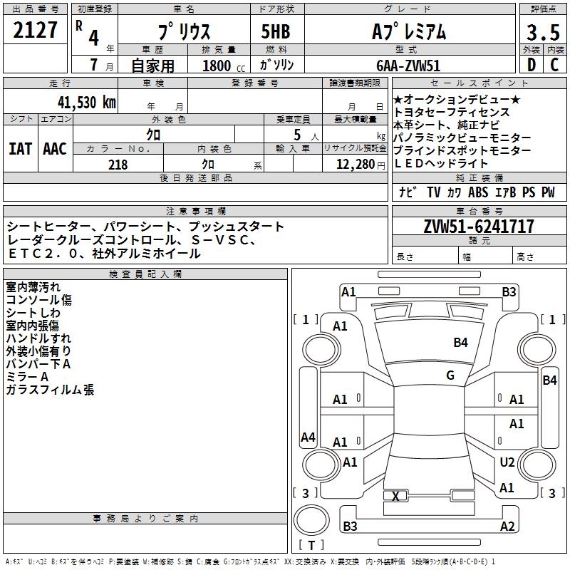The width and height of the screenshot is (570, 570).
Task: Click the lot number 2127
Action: (36, 31)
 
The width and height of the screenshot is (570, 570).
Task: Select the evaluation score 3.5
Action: (542, 32)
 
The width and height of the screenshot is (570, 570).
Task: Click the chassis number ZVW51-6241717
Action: (479, 227)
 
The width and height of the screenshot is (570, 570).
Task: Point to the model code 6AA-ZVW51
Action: (408, 65)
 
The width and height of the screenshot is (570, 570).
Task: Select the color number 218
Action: (118, 165)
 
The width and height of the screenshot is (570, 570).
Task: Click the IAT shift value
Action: (21, 148)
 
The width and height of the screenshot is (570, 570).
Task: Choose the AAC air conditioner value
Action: (54, 148)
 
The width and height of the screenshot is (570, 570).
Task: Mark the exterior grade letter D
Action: (531, 65)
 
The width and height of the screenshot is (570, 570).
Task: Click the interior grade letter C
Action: (554, 65)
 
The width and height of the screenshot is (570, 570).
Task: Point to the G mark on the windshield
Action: (450, 375)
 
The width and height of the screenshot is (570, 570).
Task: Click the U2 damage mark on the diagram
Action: (507, 462)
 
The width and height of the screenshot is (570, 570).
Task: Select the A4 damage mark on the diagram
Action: (308, 437)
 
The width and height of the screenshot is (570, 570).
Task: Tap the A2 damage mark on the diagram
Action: (507, 527)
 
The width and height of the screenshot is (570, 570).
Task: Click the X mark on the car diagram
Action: (395, 496)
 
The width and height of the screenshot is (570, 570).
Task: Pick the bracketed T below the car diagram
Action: (311, 546)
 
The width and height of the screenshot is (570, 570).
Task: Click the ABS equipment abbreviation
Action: (478, 192)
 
